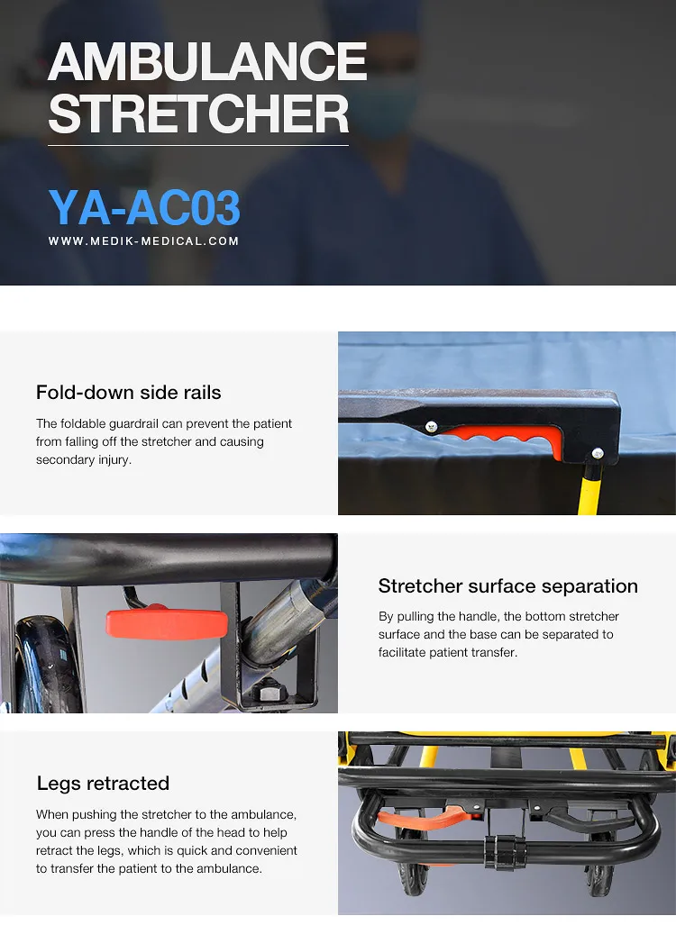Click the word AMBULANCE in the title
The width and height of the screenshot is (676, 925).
point(207,62)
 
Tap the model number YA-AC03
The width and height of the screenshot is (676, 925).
point(144,208)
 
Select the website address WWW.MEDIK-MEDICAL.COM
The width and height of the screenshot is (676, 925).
point(144,241)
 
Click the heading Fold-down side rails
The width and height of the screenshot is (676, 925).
point(128,392)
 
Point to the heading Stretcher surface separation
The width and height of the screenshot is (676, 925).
point(507,585)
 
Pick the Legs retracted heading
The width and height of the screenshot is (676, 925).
point(103,783)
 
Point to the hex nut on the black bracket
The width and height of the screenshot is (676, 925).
point(268,693)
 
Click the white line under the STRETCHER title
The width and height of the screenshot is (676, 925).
point(198,145)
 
